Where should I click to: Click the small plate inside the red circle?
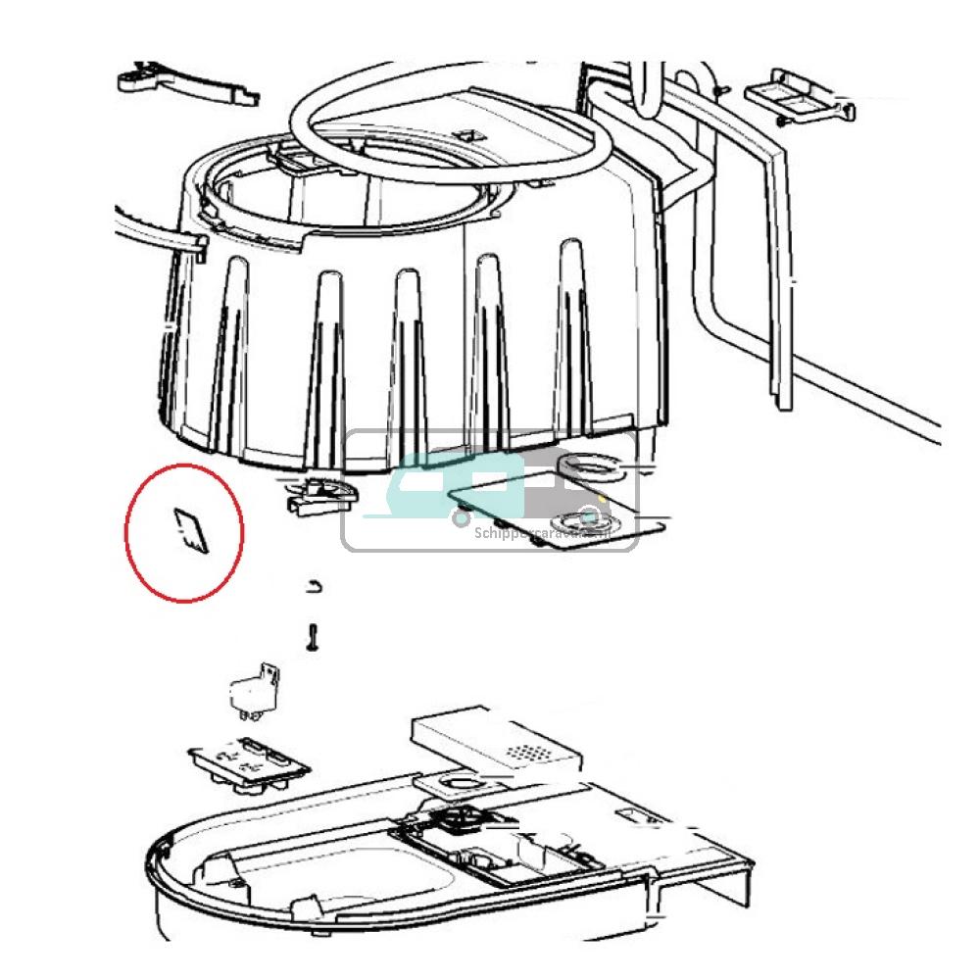pos(189,531)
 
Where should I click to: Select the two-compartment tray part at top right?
pos(793,96)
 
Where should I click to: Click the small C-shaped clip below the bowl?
pos(315,586)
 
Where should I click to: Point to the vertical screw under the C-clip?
pos(313,636)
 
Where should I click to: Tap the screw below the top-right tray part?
pos(779,122)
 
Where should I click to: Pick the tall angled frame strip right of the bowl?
pos(780,265)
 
